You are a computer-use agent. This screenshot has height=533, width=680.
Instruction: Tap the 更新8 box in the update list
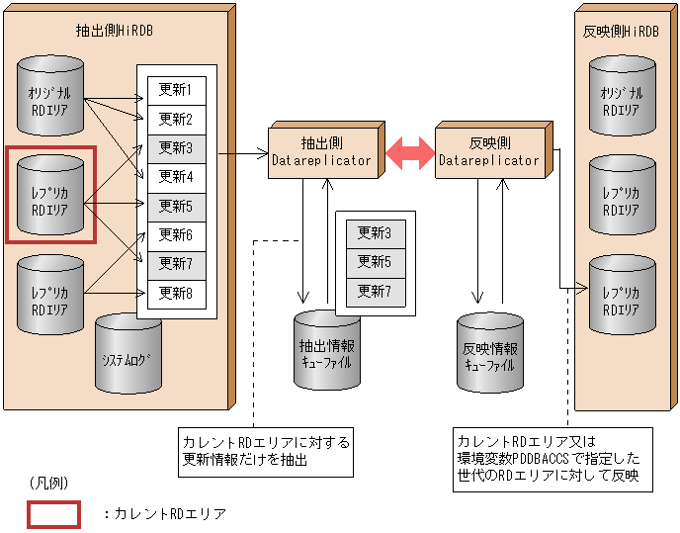coord(176,294)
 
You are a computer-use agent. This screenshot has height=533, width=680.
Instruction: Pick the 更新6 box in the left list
coord(176,235)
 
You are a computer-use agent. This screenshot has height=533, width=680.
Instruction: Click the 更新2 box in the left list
coord(176,120)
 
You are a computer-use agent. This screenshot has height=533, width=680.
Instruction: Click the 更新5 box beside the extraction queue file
coord(375,263)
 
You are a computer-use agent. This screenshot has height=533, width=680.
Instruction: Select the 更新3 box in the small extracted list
coord(375,234)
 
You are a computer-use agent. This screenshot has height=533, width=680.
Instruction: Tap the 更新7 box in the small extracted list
coord(375,292)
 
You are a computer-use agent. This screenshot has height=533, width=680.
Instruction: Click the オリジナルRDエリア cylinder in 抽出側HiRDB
coord(50,97)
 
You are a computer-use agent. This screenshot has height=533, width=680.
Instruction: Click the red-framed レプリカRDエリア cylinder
coord(50,195)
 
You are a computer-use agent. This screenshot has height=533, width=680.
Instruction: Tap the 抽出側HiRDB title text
coord(115,31)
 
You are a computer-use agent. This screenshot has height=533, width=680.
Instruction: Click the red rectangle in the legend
coord(53,514)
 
